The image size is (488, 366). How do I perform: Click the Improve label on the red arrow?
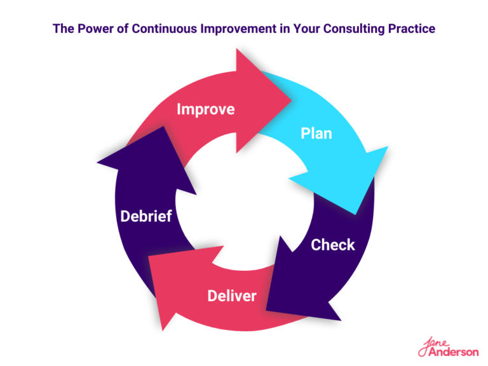(205, 109)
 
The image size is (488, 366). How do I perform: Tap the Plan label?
(316, 134)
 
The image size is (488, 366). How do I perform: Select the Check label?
(332, 245)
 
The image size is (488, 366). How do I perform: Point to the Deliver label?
(232, 295)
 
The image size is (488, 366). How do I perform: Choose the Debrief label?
(146, 216)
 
